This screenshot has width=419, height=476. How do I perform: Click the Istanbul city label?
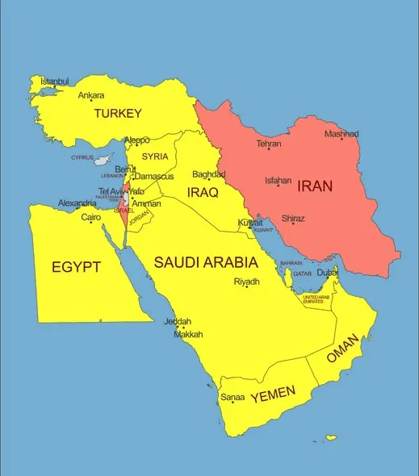coord(55,81)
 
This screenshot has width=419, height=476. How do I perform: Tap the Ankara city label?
coord(90,95)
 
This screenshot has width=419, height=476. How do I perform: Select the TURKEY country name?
coord(118,114)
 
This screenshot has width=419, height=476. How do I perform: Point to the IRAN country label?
coord(315,186)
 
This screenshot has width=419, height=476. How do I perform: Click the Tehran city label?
coord(269,144)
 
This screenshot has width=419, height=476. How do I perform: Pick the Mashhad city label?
coord(341,134)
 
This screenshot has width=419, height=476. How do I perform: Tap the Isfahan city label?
coord(278,181)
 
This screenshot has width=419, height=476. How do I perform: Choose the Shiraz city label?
coord(293,218)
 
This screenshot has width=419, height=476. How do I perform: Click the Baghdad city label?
coord(207,174)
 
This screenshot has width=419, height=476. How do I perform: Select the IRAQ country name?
coord(203,193)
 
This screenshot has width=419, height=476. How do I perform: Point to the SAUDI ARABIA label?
coord(206,263)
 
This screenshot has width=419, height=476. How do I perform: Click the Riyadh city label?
coord(246,282)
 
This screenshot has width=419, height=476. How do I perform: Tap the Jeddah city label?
coord(178,321)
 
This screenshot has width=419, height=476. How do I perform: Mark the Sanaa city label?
coord(233,397)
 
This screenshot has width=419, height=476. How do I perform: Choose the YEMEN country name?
coord(273,395)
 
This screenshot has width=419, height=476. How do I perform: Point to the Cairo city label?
coord(91,217)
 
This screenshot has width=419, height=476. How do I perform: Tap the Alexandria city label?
coord(77,204)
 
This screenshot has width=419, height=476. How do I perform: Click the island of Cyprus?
coord(106,158)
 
